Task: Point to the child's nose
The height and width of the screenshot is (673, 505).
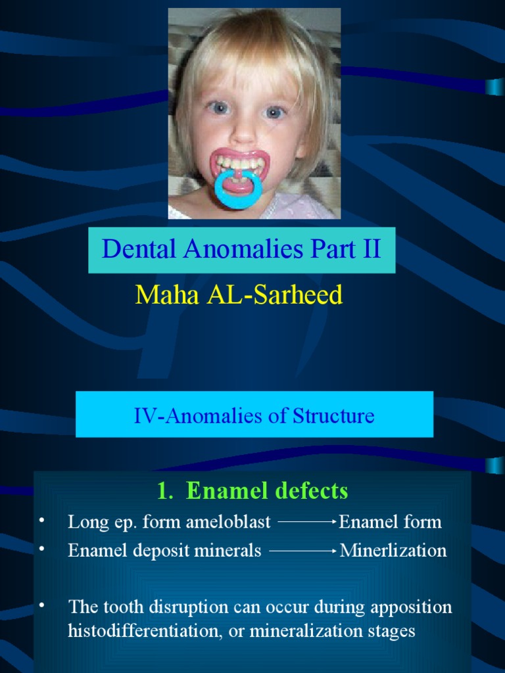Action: click(x=243, y=131)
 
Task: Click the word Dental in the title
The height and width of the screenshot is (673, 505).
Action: click(x=133, y=250)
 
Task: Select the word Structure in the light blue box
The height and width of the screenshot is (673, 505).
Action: click(x=333, y=415)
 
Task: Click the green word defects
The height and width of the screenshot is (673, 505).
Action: click(x=310, y=490)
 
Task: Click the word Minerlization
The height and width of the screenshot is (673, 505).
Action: click(x=393, y=551)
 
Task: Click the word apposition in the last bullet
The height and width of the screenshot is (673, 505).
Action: click(x=411, y=607)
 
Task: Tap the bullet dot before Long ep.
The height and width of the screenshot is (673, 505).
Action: click(x=41, y=521)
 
